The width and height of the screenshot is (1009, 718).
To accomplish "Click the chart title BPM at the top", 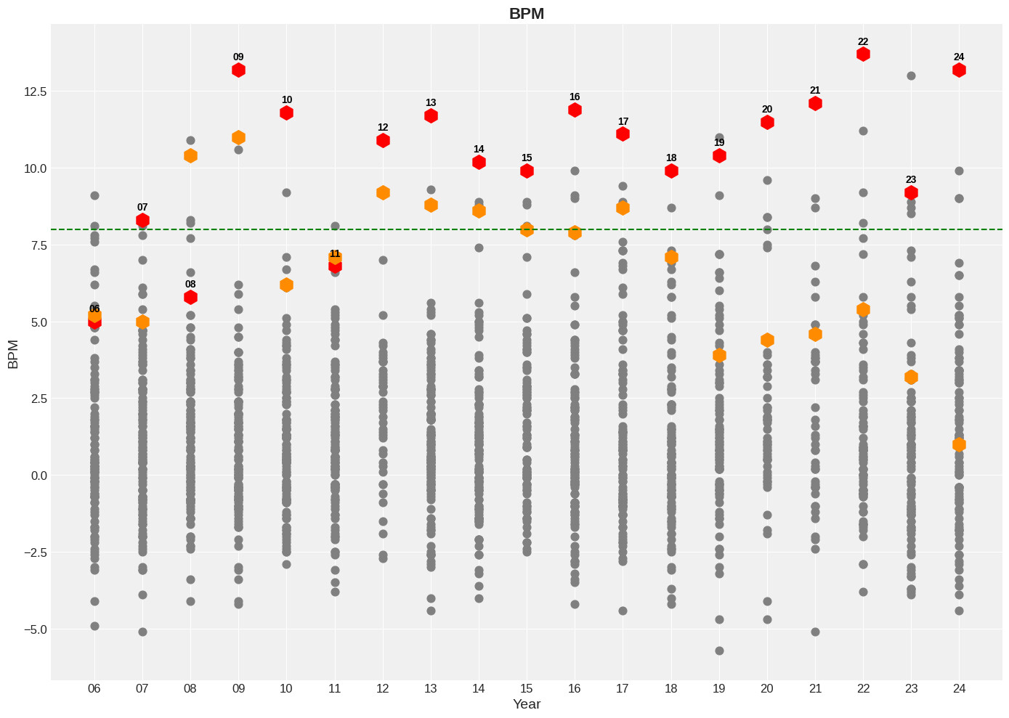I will [x=527, y=14].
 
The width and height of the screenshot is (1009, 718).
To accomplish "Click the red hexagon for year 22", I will [x=863, y=54].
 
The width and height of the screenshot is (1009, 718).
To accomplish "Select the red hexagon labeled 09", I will [x=238, y=70].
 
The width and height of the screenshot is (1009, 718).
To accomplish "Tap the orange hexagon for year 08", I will [x=190, y=155].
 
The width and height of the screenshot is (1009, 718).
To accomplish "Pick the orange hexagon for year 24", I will [x=959, y=444].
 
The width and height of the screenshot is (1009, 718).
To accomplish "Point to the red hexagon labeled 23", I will [x=911, y=192].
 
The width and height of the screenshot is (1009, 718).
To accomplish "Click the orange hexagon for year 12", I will [x=383, y=192].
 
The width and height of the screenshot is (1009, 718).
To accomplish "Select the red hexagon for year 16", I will [x=575, y=110].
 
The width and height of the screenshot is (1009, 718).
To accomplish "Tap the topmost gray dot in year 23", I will [x=911, y=76].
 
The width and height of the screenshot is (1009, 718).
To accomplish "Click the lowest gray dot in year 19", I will [x=719, y=650].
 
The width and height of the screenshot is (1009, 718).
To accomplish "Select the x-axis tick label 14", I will [x=479, y=688].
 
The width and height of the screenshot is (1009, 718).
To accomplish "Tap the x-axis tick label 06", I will [x=94, y=688].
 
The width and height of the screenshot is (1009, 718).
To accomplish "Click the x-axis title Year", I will [x=527, y=704].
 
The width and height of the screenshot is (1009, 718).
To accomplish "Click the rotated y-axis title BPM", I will [x=13, y=354].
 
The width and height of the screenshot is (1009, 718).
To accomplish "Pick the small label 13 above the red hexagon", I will [x=431, y=103].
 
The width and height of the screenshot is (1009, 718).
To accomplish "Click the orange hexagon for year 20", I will [x=767, y=340].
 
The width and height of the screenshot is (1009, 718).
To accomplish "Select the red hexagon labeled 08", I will [x=190, y=297].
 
